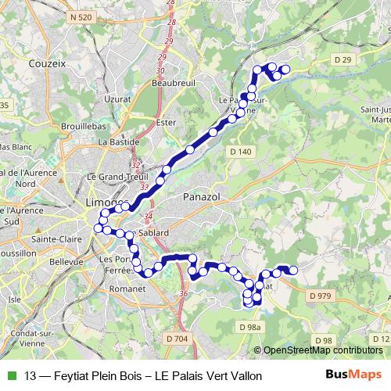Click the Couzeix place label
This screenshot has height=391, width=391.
pyautogui.click(x=47, y=64)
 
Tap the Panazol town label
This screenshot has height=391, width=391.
pyautogui.click(x=203, y=199)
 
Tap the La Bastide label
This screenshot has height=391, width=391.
pyautogui.click(x=118, y=142)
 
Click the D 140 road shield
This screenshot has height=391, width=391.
pyautogui.click(x=240, y=151)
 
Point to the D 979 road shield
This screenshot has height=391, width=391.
pyautogui.click(x=321, y=296)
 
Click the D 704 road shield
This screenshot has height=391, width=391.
pyautogui.click(x=177, y=339)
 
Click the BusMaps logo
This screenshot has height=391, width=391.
pyautogui.click(x=353, y=375)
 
